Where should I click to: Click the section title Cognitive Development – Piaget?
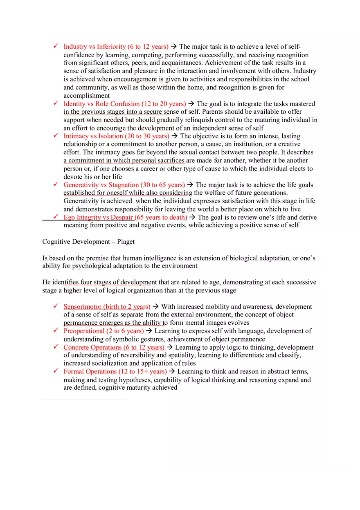click(88, 242)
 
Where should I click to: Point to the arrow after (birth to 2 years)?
click(155, 307)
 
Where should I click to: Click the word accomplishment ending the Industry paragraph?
click(86, 96)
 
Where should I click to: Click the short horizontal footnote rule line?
click(84, 398)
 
